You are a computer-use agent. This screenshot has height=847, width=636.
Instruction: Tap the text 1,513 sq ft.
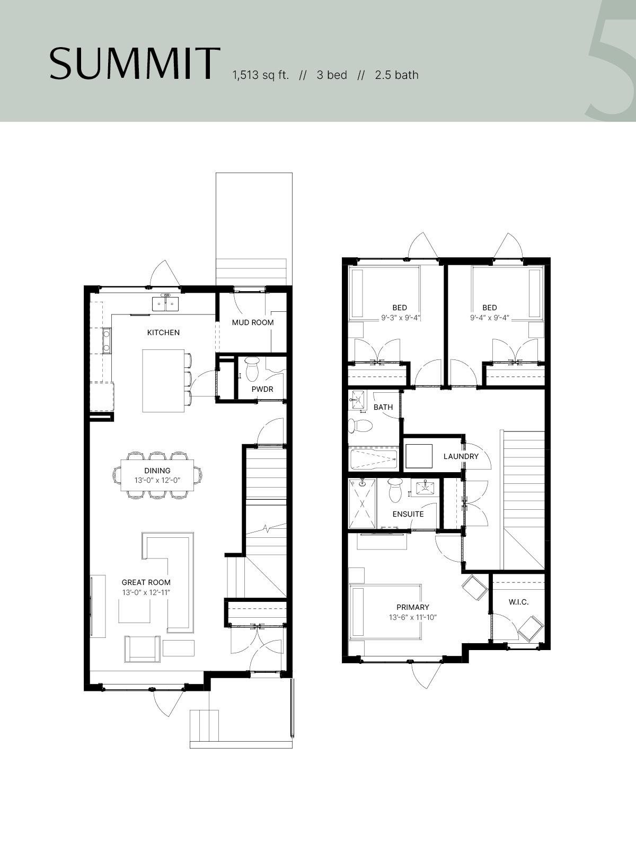coord(260,75)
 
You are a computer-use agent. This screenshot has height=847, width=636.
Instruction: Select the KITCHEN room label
coord(163,332)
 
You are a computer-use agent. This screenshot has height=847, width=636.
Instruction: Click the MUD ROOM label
coord(253,322)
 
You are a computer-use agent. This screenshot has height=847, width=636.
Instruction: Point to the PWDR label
coord(262,389)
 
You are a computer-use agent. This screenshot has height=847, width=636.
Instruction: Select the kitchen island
coord(163,381)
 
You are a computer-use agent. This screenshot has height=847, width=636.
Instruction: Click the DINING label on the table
coord(157,471)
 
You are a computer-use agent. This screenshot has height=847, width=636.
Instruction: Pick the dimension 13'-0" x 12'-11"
coord(146,593)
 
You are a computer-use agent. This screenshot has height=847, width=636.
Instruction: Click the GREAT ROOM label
coord(146,583)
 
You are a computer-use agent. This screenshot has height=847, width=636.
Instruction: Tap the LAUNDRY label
coord(461,456)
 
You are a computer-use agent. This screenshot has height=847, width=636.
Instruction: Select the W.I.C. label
coord(519,602)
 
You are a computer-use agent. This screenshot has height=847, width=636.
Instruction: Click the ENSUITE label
coord(408,515)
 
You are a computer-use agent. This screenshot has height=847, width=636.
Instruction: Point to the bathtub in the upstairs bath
coord(373,459)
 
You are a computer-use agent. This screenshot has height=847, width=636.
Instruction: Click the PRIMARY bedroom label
coord(413,607)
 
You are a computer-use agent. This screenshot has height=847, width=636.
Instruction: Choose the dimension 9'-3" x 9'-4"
coord(401,318)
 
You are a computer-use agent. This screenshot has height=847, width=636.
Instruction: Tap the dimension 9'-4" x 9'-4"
coord(490,318)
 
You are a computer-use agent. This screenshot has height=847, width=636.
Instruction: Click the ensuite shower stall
coord(362,503)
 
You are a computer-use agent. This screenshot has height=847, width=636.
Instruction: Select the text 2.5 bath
coord(396,75)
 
